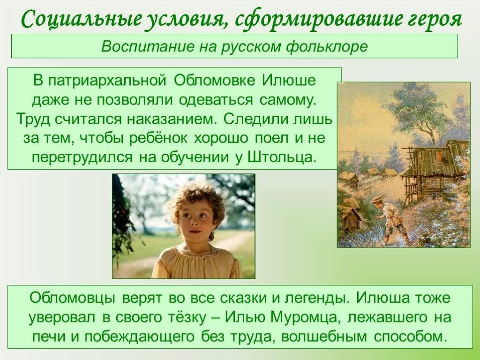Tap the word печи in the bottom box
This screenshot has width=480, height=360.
point(47,337)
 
